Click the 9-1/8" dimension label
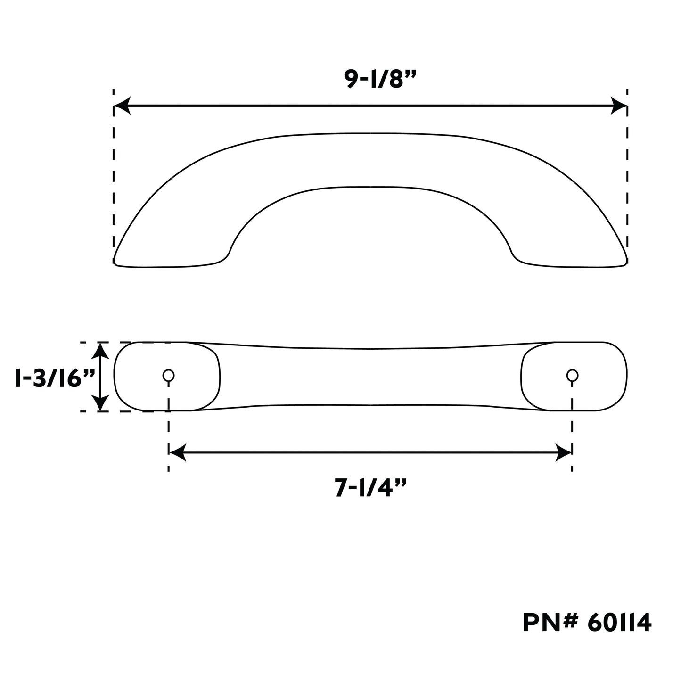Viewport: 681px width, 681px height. pyautogui.click(x=370, y=79)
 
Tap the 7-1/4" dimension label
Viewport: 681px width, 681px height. pyautogui.click(x=370, y=489)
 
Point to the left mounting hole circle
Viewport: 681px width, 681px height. pyautogui.click(x=168, y=376)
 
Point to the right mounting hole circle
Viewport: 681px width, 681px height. pyautogui.click(x=572, y=376)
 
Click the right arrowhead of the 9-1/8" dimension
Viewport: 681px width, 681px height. pyautogui.click(x=618, y=106)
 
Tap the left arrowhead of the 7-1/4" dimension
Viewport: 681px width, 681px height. pyautogui.click(x=176, y=452)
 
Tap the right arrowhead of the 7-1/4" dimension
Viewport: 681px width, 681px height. pyautogui.click(x=564, y=452)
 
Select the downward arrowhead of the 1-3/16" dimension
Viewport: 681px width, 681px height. pyautogui.click(x=99, y=403)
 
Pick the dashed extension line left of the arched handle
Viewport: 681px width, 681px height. pyautogui.click(x=114, y=179)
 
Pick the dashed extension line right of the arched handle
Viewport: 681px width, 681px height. pyautogui.click(x=627, y=179)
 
